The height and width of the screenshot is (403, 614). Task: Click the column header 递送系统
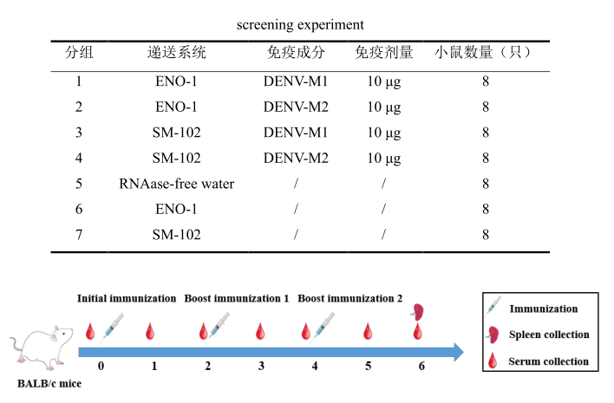[177, 52]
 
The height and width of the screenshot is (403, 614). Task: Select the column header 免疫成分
[297, 52]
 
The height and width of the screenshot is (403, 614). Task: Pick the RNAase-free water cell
[177, 183]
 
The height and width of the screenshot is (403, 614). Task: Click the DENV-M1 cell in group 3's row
[296, 133]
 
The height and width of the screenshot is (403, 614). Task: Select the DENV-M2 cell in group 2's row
[296, 107]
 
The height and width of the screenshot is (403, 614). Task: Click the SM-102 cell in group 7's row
[177, 234]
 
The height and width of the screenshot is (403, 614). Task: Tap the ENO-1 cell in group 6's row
[177, 209]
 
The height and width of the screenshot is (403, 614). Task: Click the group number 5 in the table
[79, 183]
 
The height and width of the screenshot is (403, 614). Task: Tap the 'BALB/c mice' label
[49, 383]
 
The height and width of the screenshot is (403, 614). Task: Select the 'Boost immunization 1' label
[236, 298]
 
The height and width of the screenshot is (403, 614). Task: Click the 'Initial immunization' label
[127, 298]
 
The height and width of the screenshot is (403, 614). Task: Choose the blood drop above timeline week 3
[261, 331]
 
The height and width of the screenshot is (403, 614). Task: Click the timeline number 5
[368, 366]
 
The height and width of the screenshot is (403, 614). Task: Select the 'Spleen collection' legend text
[549, 335]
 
